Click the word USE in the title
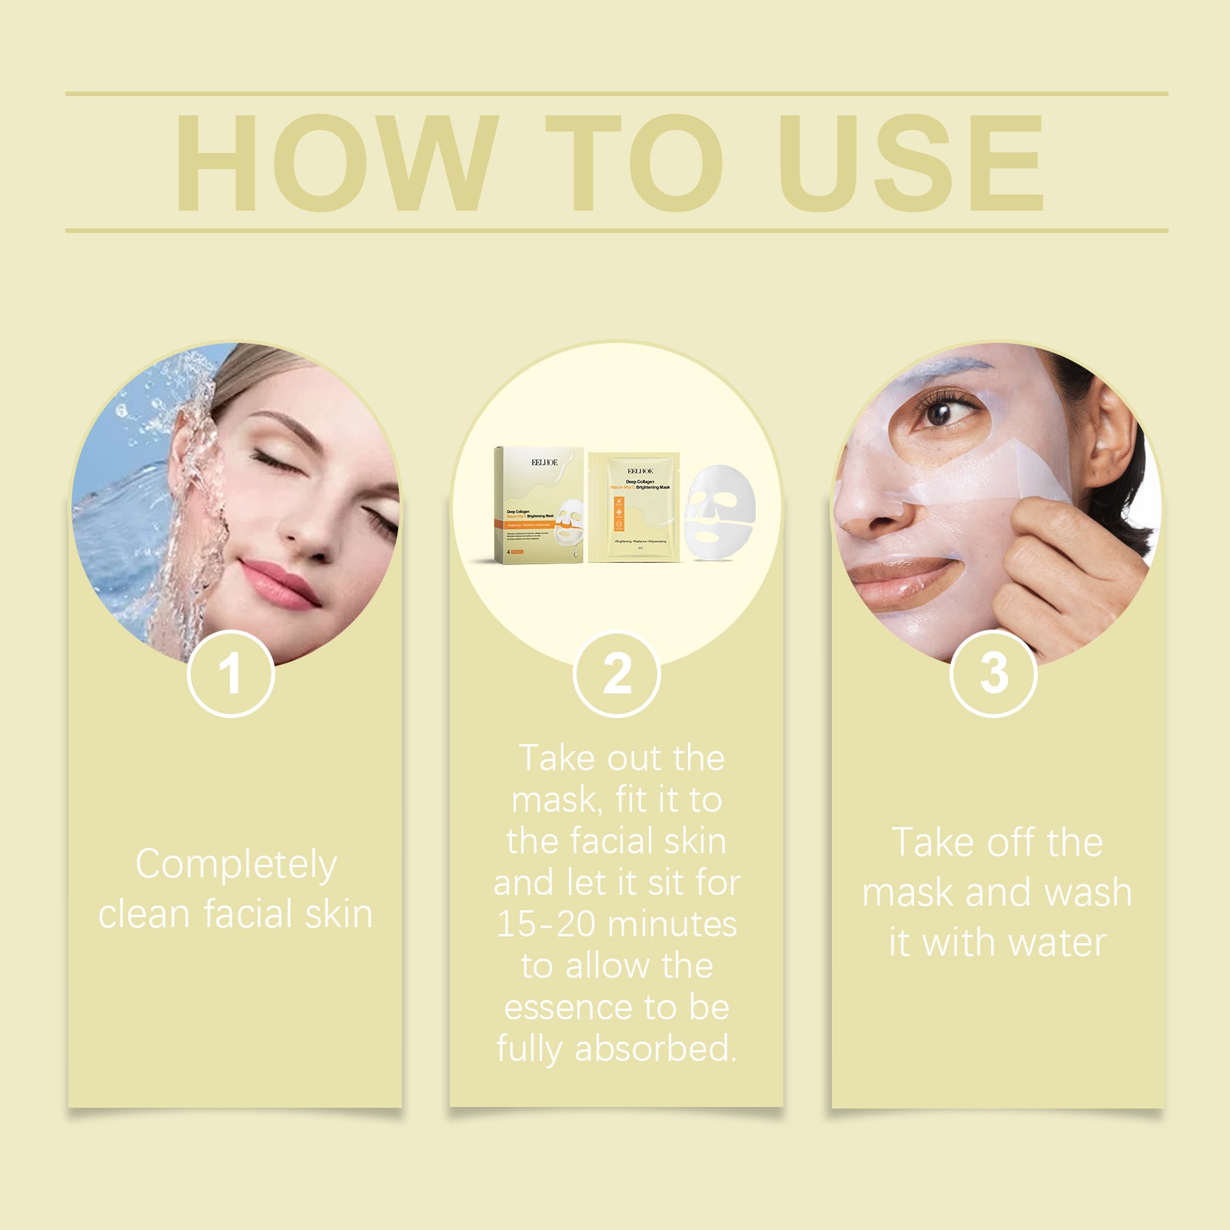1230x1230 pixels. pyautogui.click(x=911, y=163)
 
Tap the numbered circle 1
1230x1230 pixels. pyautogui.click(x=231, y=674)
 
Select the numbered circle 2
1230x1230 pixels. pyautogui.click(x=617, y=674)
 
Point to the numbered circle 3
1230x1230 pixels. pyautogui.click(x=993, y=674)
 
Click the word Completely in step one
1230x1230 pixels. pyautogui.click(x=236, y=865)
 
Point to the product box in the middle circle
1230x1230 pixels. pyautogui.click(x=538, y=504)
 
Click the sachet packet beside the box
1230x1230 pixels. pyautogui.click(x=634, y=507)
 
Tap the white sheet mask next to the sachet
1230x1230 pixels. pyautogui.click(x=720, y=511)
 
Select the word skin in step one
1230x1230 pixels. pyautogui.click(x=339, y=915)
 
